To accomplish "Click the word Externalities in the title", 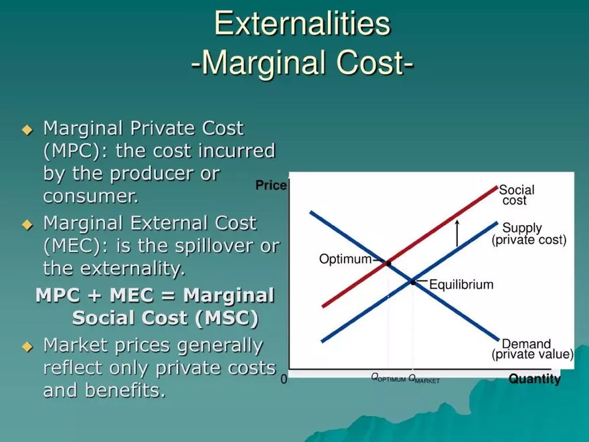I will coord(302,24).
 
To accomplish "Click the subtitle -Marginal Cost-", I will coord(302,64).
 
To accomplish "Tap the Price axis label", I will coord(270,186).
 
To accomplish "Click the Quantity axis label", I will coord(534,380).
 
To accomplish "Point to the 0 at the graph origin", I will coord(284,380).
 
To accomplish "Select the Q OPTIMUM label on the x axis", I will coord(388,378).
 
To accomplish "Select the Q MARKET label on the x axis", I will coord(424,380).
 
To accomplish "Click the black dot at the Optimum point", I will coord(388,263).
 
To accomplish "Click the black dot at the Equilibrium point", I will coord(413,282).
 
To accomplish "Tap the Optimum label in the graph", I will coord(345,259).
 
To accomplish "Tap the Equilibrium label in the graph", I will coord(461,285).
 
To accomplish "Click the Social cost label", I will coord(516,196).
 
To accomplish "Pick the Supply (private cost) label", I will coord(528,234).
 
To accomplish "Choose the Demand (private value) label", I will coord(532,349).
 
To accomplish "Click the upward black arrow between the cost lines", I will coord(457,232).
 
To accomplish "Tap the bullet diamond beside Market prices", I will coord(27,347).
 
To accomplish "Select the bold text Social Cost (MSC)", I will coord(165,317).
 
